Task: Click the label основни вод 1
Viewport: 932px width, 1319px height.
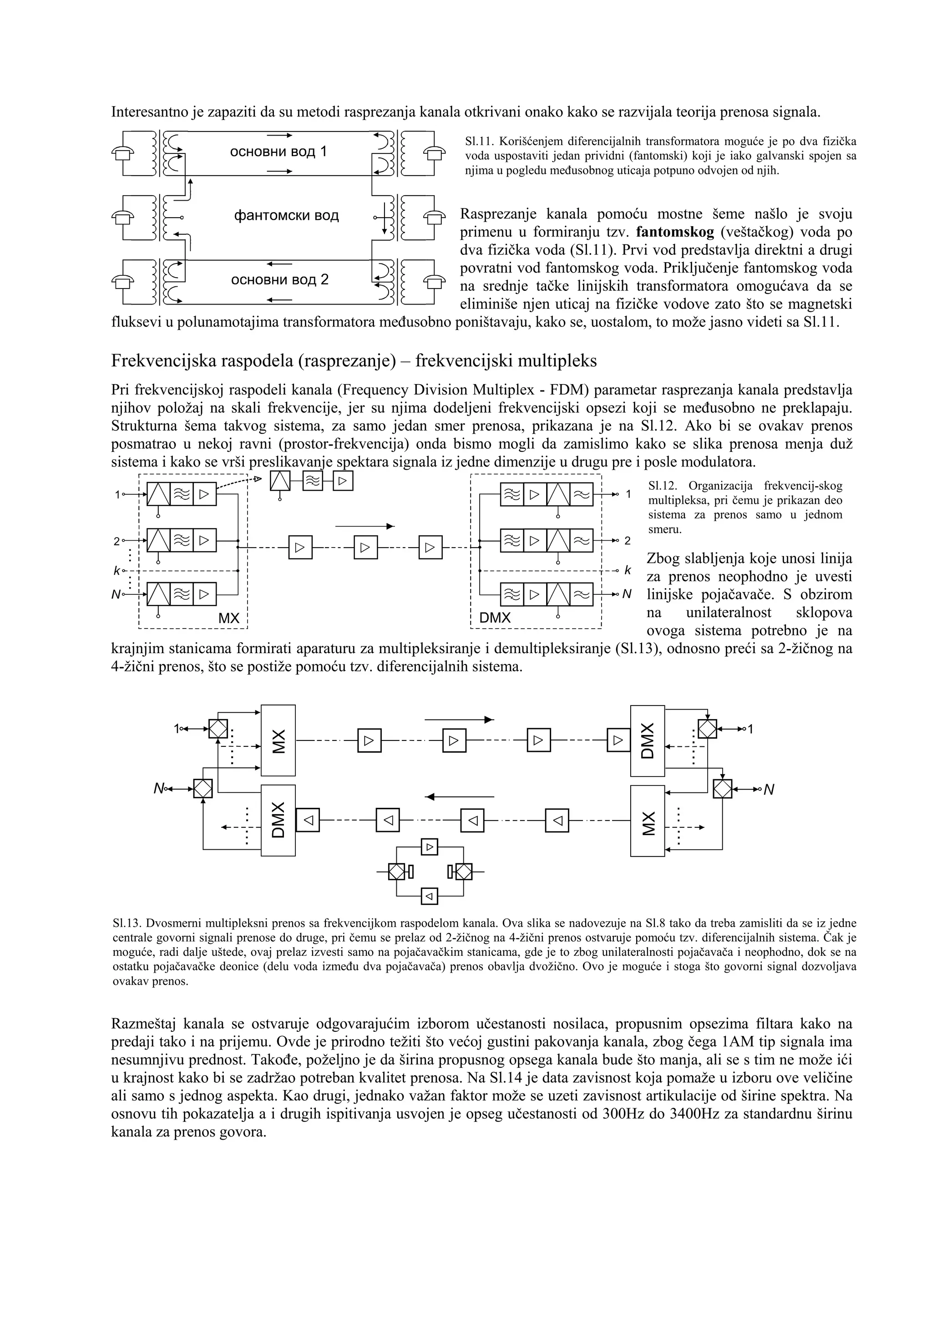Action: click(279, 152)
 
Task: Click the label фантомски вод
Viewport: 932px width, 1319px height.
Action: click(287, 216)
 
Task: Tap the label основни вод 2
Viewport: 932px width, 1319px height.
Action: click(280, 280)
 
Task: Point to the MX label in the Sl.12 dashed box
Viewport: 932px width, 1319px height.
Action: click(228, 619)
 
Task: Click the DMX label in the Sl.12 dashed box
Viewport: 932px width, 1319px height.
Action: click(495, 618)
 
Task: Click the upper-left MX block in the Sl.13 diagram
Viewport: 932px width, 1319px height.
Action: click(279, 740)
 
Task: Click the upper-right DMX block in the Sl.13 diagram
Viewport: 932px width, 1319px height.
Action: click(647, 741)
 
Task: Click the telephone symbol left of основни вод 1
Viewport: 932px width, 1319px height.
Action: click(122, 153)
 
